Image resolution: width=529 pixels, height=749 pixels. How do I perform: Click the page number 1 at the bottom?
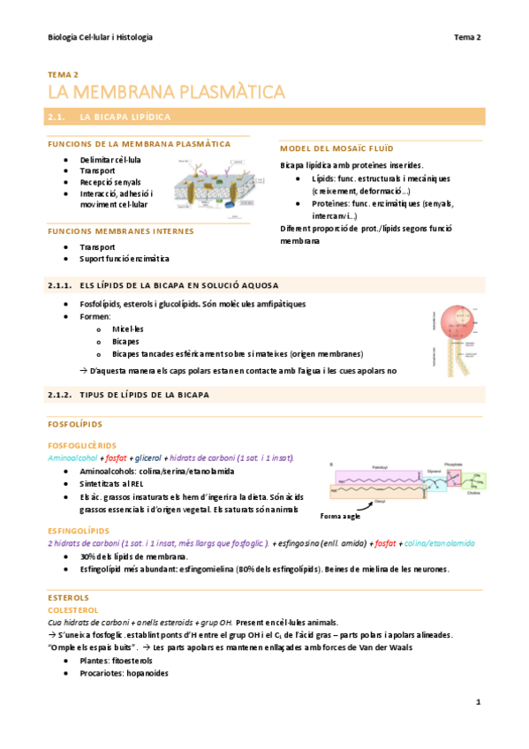point(477,702)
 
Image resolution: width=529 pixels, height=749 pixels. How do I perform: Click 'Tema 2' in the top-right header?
point(467,37)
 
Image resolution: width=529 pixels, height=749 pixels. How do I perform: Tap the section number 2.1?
point(57,117)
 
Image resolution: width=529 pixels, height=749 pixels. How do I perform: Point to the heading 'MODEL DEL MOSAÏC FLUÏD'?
point(336,148)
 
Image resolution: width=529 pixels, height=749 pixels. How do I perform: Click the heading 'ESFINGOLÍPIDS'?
point(79,531)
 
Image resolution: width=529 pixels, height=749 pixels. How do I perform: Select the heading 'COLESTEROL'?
point(73,609)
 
